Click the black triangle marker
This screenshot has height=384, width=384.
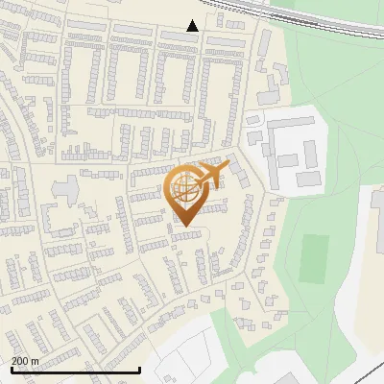point(193,26)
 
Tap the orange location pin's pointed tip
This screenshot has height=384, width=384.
point(184,227)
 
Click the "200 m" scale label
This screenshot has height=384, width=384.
point(26,361)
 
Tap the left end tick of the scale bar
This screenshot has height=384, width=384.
point(11,368)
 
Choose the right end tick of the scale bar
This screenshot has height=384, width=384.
point(140,368)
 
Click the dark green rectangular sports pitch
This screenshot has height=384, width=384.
point(313,258)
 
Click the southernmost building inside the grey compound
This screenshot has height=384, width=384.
point(307,179)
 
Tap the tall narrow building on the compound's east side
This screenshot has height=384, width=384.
point(310,152)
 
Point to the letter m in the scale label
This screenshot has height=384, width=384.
point(36,362)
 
